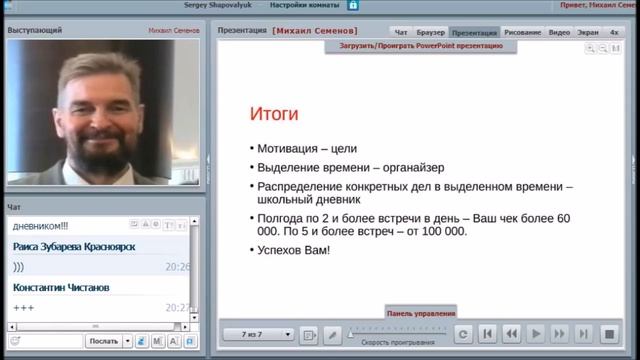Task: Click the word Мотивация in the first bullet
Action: click(289, 149)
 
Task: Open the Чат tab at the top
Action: click(400, 33)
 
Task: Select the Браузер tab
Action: click(431, 33)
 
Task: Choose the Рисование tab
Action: click(523, 33)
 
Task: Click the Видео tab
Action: click(560, 33)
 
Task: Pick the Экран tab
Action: click(588, 33)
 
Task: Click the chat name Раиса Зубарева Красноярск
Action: click(75, 247)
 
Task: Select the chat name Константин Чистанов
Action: click(61, 288)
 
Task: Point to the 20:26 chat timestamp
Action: click(177, 267)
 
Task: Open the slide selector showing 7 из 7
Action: click(259, 334)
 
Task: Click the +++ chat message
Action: click(24, 307)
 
